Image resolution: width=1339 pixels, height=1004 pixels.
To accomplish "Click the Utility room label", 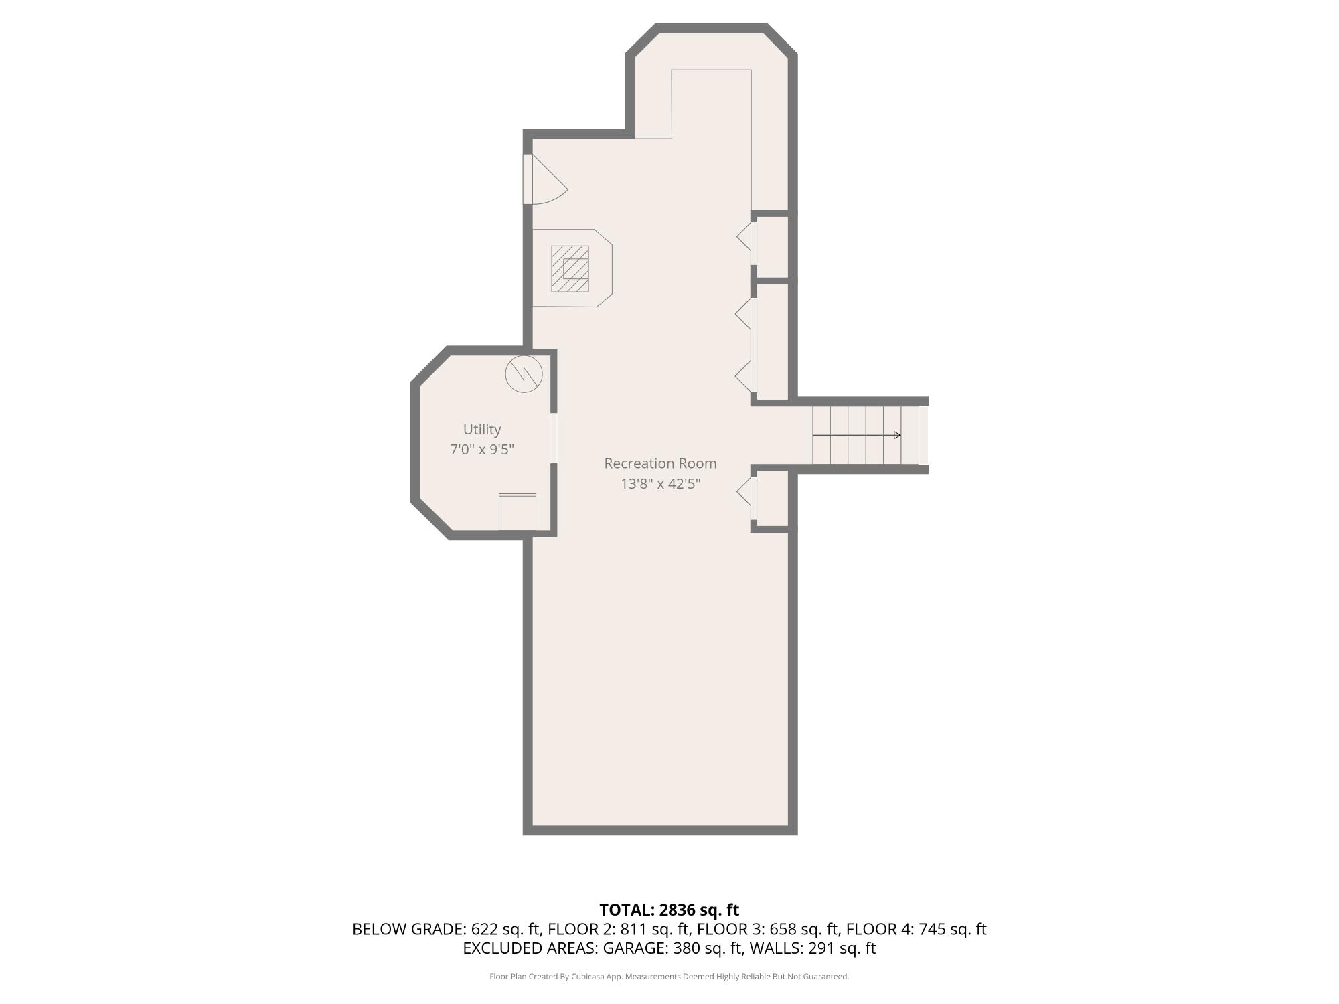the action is click(482, 430).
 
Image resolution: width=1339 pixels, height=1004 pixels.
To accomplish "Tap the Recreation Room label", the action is click(660, 463).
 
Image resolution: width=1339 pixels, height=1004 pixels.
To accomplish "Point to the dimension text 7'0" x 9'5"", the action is click(482, 450).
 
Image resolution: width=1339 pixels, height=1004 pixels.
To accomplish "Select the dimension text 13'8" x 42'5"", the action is click(660, 484).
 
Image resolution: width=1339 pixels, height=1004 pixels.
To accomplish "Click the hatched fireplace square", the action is click(570, 269).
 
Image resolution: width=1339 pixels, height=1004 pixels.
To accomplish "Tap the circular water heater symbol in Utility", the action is click(524, 374).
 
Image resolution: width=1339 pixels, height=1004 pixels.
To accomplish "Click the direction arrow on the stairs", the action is click(857, 436).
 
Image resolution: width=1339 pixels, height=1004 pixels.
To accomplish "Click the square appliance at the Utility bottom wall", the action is click(518, 512).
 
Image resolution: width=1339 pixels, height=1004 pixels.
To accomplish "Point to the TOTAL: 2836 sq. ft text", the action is click(669, 910).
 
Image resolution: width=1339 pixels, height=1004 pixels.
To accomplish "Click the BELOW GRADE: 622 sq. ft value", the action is click(447, 930).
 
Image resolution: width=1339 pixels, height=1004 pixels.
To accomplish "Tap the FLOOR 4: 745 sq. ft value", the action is click(917, 930).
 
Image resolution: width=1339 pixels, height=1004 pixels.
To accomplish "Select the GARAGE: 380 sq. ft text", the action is click(672, 948).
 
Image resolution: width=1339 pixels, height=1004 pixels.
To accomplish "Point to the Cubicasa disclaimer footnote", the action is click(669, 977).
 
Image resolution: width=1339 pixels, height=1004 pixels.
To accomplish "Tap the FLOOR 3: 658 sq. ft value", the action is click(768, 930).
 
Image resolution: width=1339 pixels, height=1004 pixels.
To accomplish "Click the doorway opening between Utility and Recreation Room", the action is click(554, 438).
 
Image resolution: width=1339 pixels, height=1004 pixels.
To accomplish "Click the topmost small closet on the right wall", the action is click(773, 247).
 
